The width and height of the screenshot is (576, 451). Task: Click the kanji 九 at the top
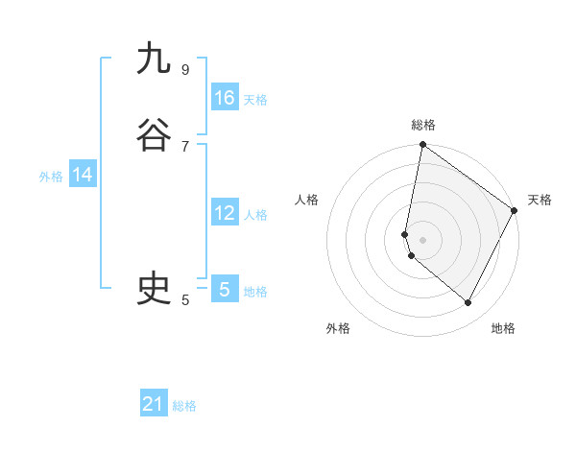click(x=154, y=59)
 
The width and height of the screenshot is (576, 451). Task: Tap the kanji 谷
click(x=154, y=136)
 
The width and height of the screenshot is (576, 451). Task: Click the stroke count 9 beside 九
click(x=184, y=69)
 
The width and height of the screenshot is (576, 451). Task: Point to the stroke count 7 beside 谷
click(x=184, y=146)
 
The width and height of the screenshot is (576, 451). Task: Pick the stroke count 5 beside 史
click(x=184, y=299)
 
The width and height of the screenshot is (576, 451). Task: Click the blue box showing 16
click(x=225, y=98)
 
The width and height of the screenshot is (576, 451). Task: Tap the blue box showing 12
click(x=225, y=213)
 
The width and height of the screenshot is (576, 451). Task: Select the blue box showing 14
click(x=83, y=175)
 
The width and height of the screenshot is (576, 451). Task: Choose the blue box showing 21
click(x=154, y=404)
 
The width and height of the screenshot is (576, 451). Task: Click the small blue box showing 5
click(x=225, y=289)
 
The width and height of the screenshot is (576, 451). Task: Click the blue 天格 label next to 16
click(x=255, y=100)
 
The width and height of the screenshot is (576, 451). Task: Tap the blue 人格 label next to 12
click(x=255, y=215)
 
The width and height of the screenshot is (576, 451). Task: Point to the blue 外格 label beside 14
click(x=51, y=177)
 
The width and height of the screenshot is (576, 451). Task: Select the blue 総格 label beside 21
click(x=184, y=406)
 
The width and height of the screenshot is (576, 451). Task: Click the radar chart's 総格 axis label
click(x=422, y=125)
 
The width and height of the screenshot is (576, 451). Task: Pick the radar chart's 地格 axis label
click(x=503, y=328)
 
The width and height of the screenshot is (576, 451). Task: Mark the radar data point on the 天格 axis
click(x=515, y=211)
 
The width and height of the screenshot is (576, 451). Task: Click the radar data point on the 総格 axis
click(x=422, y=145)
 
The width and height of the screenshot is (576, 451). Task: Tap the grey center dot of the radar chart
click(x=422, y=239)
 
